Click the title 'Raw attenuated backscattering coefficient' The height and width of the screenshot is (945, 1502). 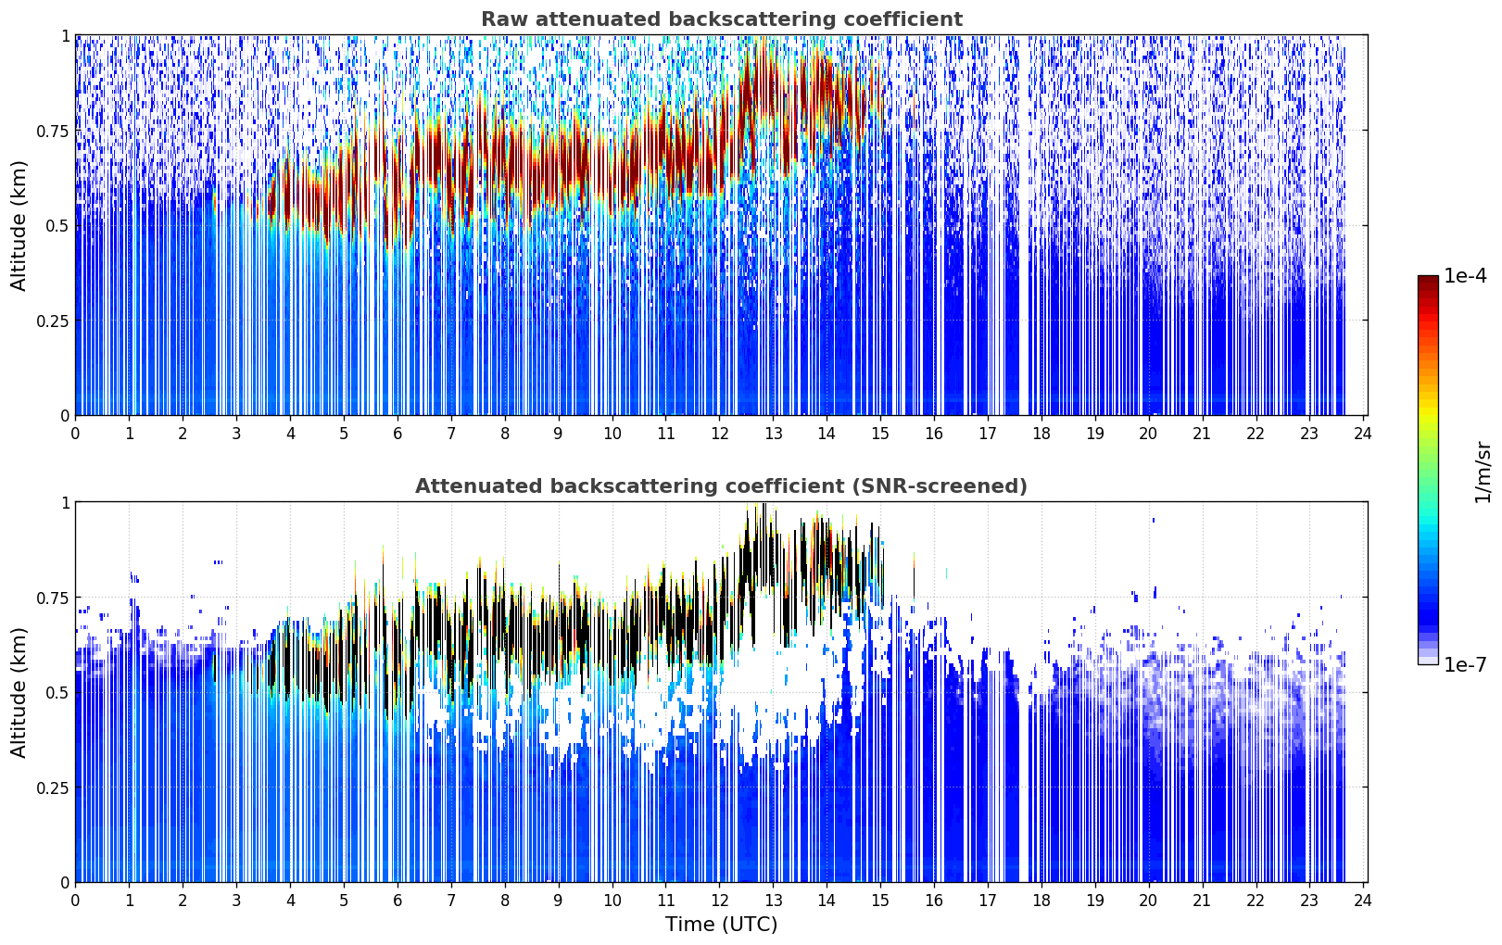click(x=722, y=19)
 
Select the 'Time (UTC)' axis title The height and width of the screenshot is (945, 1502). click(x=722, y=925)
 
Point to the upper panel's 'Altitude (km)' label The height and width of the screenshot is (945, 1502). click(x=19, y=225)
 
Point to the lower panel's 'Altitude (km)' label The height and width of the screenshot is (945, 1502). click(x=19, y=692)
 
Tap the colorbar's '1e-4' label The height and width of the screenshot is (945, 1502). click(x=1465, y=275)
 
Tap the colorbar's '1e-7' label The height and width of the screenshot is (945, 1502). click(x=1465, y=665)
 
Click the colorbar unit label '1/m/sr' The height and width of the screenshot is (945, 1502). click(x=1483, y=472)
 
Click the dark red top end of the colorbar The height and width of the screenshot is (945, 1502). click(x=1428, y=280)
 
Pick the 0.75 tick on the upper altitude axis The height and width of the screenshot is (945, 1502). click(x=53, y=131)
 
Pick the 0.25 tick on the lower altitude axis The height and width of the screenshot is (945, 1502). click(x=53, y=787)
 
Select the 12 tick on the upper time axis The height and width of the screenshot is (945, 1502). click(x=719, y=433)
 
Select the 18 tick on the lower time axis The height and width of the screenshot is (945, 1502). click(x=1041, y=901)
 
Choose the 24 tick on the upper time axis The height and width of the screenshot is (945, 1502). click(x=1363, y=433)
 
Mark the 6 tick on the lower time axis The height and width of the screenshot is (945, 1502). click(x=398, y=901)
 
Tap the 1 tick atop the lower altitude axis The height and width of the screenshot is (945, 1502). click(x=66, y=503)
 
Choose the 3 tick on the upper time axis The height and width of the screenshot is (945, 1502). click(x=236, y=433)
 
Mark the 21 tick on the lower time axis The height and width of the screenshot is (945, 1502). click(x=1203, y=901)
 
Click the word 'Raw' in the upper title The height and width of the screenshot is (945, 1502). click(x=504, y=19)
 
